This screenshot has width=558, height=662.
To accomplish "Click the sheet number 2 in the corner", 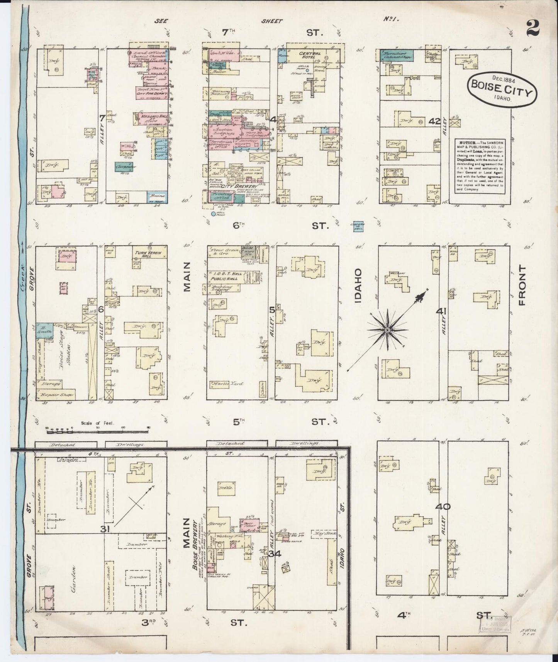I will (533, 28).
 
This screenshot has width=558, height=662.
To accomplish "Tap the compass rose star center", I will (387, 331).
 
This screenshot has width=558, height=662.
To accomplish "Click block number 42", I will (434, 122).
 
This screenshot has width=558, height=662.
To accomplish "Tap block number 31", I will (104, 530).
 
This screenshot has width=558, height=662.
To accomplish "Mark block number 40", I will (442, 507).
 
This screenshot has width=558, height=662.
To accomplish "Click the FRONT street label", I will (523, 285).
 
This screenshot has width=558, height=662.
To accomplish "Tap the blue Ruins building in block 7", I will (158, 196).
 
